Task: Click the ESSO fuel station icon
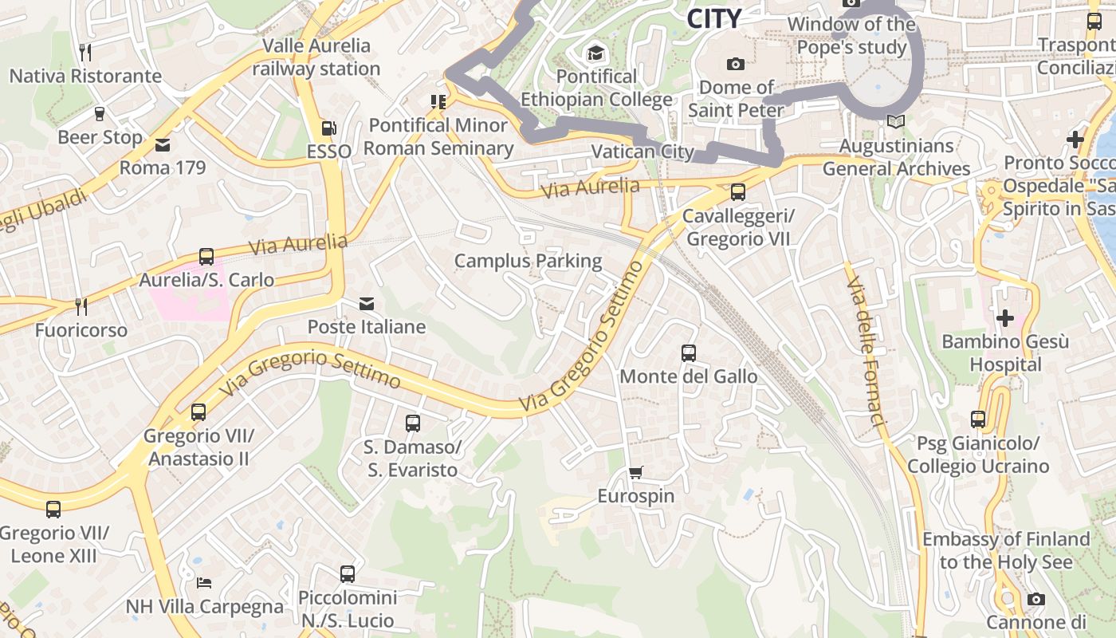[328, 128]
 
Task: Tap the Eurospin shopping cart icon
[635, 473]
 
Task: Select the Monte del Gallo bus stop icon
[688, 352]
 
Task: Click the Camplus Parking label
[528, 261]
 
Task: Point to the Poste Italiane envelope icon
[366, 304]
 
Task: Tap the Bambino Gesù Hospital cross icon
[1004, 318]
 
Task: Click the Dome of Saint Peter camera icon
[735, 64]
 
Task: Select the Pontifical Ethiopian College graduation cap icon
[595, 53]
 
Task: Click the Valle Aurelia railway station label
[316, 57]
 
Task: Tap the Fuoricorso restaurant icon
[81, 307]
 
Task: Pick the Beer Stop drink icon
[100, 114]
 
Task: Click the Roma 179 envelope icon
[163, 145]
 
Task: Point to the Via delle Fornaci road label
[866, 352]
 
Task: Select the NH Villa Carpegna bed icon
[204, 583]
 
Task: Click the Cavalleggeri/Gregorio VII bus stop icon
[738, 192]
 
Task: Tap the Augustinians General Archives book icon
[896, 122]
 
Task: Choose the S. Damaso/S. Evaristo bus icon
[412, 423]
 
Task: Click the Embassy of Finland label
[1006, 550]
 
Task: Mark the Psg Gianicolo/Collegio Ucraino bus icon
[978, 419]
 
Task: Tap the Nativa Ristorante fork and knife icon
[85, 53]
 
